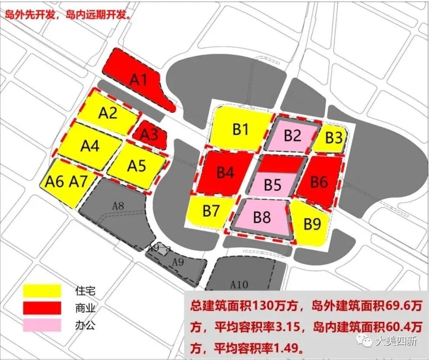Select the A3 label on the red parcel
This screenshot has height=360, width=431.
(x=150, y=135)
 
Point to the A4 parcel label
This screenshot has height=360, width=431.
(x=90, y=145)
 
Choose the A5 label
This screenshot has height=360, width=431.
(x=137, y=166)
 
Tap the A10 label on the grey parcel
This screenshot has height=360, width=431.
(x=239, y=284)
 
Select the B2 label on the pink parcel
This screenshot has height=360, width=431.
(x=292, y=136)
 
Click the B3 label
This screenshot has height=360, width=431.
(x=334, y=138)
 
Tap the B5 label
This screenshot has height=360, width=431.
(x=273, y=185)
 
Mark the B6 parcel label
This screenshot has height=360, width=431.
(x=319, y=182)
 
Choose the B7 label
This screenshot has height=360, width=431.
(x=211, y=212)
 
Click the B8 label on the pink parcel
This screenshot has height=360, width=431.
(x=262, y=217)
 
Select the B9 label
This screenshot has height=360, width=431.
(x=313, y=223)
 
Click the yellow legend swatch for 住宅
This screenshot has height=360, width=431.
(x=42, y=291)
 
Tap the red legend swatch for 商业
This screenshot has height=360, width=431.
(x=42, y=308)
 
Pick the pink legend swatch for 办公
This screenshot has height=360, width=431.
(x=42, y=325)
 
